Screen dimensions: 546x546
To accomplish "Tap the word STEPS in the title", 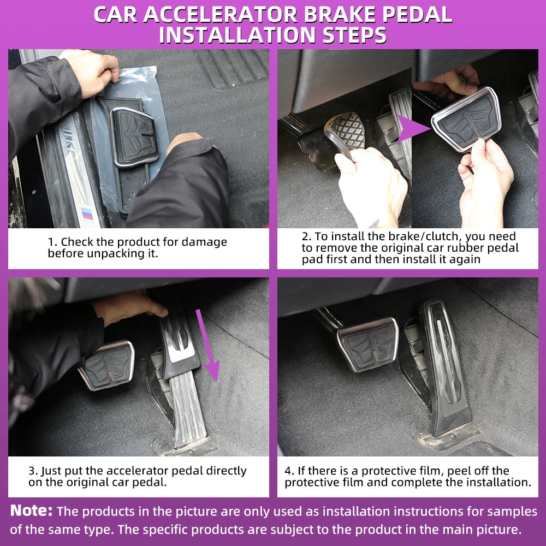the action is click(354, 35).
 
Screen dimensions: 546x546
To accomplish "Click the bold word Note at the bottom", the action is click(31, 511).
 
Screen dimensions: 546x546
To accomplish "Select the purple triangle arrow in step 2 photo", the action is click(413, 128).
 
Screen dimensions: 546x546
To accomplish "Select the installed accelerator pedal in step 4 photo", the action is click(445, 367).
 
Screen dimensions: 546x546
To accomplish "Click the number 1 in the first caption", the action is click(50, 242).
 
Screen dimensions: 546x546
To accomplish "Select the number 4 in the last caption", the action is click(288, 471).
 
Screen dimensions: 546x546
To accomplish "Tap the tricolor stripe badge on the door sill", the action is click(87, 213).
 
